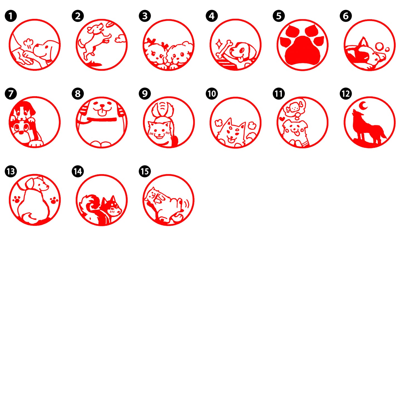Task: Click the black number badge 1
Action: coord(11,16)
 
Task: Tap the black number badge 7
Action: coord(11,93)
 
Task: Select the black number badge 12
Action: coord(346,93)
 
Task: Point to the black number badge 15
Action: coord(145,171)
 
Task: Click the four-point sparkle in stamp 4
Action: coord(219,44)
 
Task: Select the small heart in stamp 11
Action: coord(282,119)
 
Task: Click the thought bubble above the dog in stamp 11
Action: coord(296,108)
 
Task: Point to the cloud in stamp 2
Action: coord(120,39)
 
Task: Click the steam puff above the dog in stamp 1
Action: coord(28,43)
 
